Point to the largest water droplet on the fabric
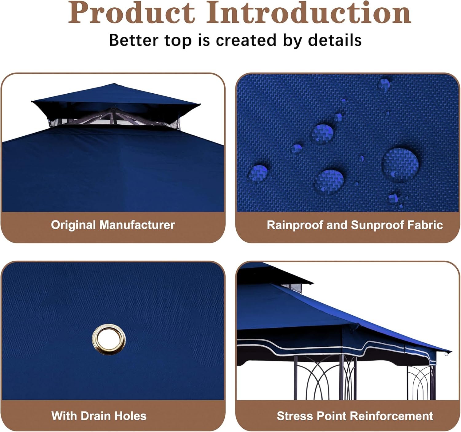[x=400, y=165]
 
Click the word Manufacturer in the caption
[x=137, y=225]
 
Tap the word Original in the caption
[x=73, y=225]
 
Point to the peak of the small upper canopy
[x=114, y=84]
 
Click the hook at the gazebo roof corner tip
[x=446, y=354]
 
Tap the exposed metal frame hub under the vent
[x=112, y=114]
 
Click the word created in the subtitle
[x=246, y=40]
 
